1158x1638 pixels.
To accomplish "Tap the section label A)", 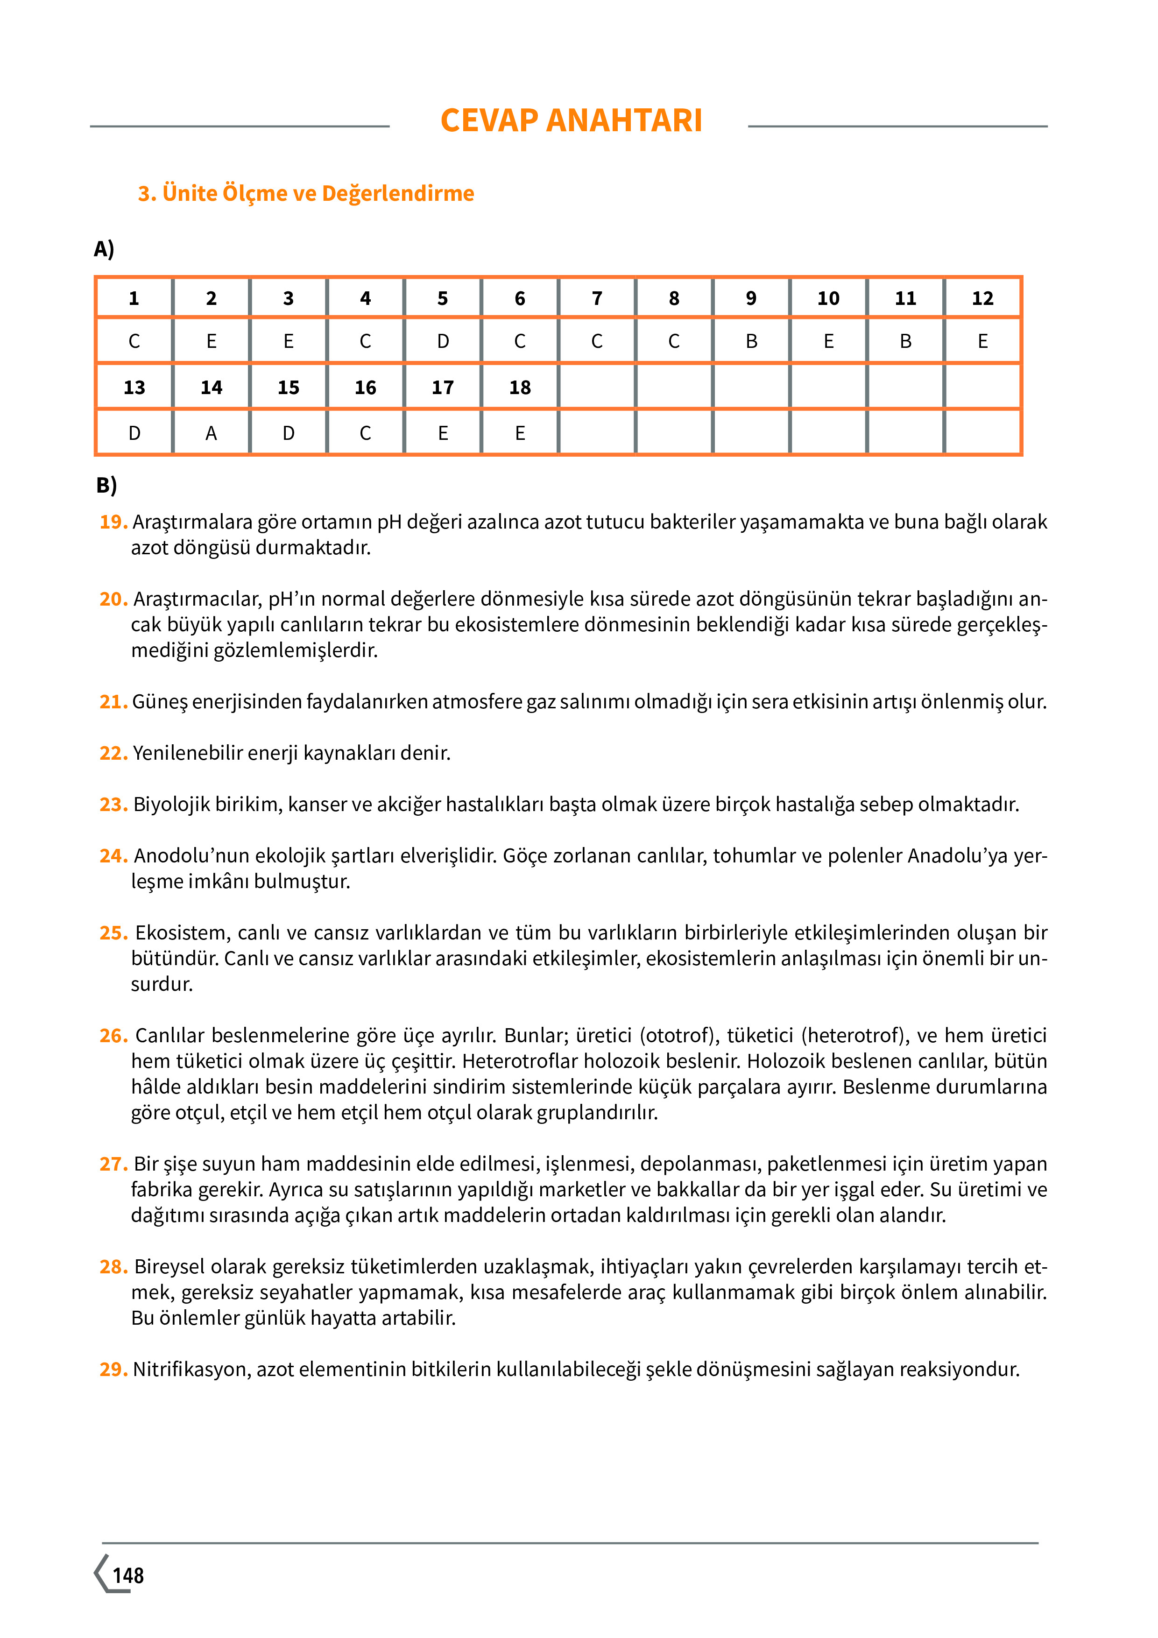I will click(x=104, y=249).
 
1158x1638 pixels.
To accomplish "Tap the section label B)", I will click(x=106, y=485).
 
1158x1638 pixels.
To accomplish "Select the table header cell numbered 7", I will click(x=596, y=298).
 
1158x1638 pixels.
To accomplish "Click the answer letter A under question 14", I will click(x=211, y=433).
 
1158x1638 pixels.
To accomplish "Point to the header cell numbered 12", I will click(x=982, y=298).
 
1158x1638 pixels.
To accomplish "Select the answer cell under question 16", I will click(x=365, y=433).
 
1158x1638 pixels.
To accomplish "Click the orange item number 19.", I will click(x=113, y=522).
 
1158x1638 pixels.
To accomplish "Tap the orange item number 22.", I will click(x=113, y=753).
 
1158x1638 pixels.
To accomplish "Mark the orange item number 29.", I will click(x=113, y=1370).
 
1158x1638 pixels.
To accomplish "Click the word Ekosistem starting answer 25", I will click(x=182, y=933).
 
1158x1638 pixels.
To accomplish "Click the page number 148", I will click(x=128, y=1575).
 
